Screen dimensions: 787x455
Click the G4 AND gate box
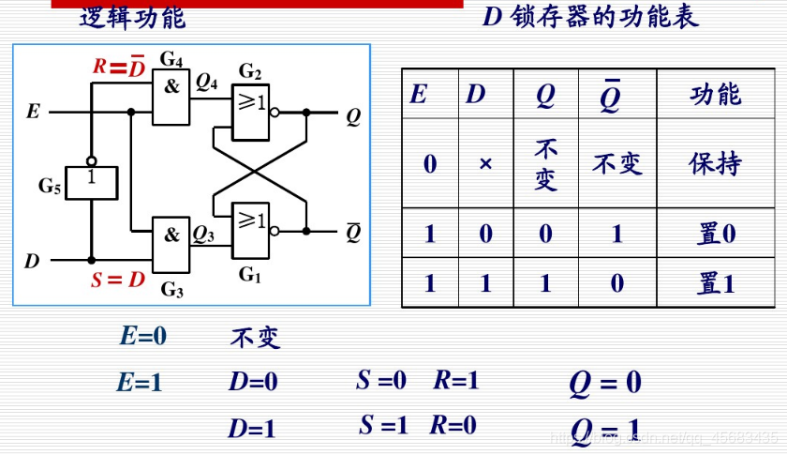[x=171, y=99]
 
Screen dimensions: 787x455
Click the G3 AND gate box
[x=171, y=247]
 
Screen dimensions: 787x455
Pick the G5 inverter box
[x=91, y=182]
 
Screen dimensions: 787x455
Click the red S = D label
[x=117, y=280]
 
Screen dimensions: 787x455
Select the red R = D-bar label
[x=118, y=67]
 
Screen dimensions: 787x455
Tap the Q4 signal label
[x=206, y=82]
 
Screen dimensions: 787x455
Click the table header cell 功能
[x=715, y=94]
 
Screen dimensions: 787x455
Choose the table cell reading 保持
[x=715, y=163]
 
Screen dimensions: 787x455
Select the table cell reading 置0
[x=715, y=234]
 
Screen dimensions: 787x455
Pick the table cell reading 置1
[x=715, y=283]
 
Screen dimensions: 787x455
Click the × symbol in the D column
[x=485, y=164]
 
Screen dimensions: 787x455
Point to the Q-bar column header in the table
[x=610, y=95]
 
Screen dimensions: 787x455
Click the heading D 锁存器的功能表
[x=590, y=17]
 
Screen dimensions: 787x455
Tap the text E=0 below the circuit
[x=142, y=336]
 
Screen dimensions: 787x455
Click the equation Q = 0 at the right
[x=605, y=383]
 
